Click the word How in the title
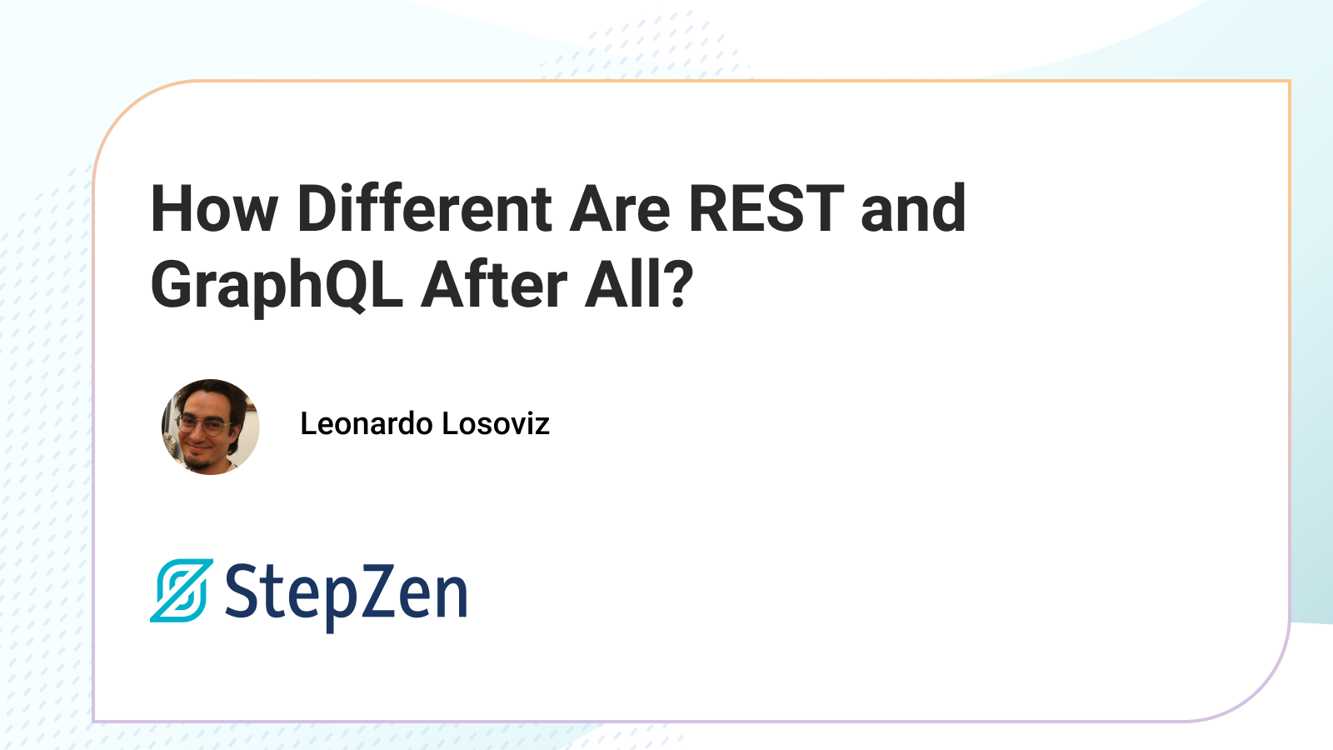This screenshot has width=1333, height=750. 214,208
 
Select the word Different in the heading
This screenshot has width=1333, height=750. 425,207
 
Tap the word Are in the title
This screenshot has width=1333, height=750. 620,208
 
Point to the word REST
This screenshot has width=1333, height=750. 766,207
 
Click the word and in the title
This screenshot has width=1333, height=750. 913,207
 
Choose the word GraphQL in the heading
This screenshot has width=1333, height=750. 277,287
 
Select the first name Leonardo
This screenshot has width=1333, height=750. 367,424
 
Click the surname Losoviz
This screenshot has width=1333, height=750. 496,424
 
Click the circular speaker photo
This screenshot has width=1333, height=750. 210,427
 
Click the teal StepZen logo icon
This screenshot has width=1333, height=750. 182,591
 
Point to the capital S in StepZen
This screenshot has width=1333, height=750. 242,591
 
